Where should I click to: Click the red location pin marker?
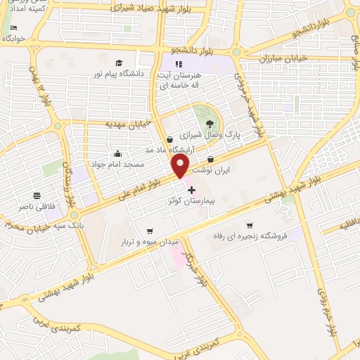click(181, 165)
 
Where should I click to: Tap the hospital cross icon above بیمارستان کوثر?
click(191, 190)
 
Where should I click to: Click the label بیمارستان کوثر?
click(192, 201)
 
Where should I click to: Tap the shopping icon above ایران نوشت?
click(211, 160)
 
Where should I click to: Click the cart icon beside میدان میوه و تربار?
click(149, 231)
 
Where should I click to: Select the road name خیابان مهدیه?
click(128, 124)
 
